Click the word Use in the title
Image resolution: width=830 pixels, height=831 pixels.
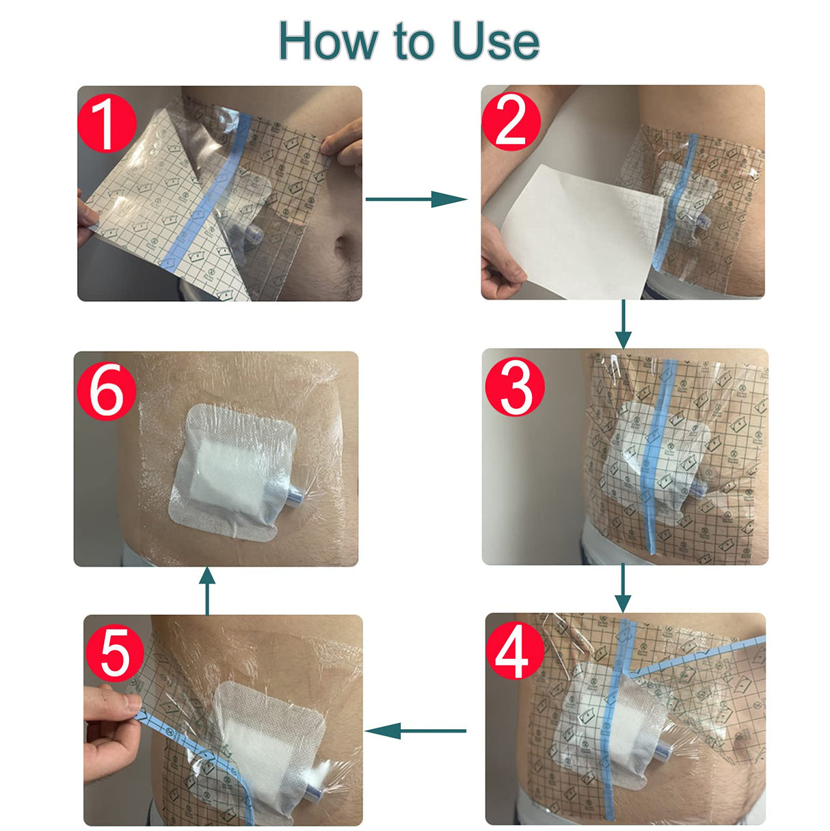496,41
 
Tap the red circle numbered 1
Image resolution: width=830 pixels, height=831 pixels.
107,123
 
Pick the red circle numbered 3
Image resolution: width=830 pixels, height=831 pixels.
514,386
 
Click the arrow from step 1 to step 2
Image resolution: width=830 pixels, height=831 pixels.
416,199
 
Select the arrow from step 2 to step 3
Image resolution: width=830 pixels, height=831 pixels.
622,324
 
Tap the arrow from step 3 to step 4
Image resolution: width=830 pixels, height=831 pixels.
622,588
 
